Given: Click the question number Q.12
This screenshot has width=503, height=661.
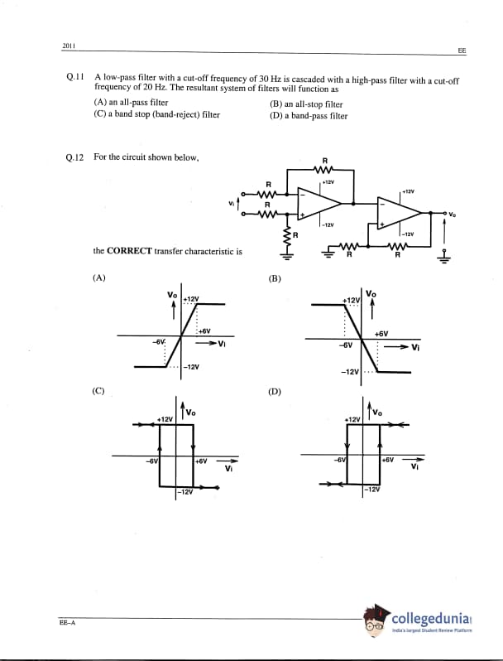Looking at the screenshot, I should pyautogui.click(x=74, y=156).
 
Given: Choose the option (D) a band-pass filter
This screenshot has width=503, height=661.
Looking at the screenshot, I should pyautogui.click(x=309, y=115).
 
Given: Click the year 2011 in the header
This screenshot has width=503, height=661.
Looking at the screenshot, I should pyautogui.click(x=69, y=44).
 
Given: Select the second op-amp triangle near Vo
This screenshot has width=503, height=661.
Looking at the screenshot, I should pyautogui.click(x=396, y=212).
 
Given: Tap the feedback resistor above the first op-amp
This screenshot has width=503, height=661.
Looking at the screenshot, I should pyautogui.click(x=325, y=170).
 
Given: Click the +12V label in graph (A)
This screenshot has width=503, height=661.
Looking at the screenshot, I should pyautogui.click(x=191, y=298).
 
